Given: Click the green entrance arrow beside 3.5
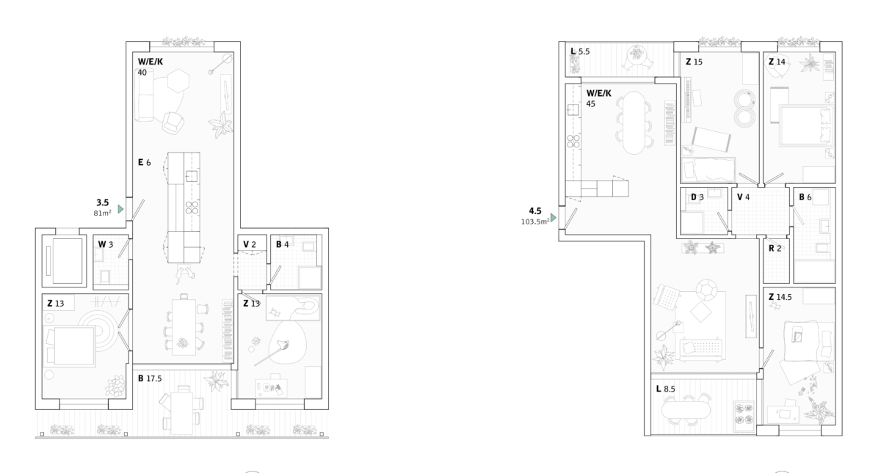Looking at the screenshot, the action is click(x=120, y=209).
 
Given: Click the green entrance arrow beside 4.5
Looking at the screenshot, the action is click(x=554, y=217).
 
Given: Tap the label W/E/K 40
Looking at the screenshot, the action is click(x=150, y=67).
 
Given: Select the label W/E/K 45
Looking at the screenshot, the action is click(x=598, y=98).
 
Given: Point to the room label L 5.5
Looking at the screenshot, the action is click(x=580, y=51).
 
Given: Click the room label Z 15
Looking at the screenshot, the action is click(x=695, y=62).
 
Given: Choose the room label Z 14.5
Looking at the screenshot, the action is click(x=780, y=297).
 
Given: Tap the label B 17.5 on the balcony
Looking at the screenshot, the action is click(x=150, y=378).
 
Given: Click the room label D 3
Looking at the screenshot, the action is click(x=697, y=197).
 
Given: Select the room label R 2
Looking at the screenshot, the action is click(x=775, y=249).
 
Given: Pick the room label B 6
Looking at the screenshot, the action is click(x=805, y=197).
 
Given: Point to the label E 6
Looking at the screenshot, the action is click(x=145, y=162).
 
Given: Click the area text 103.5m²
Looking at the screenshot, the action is click(x=535, y=221).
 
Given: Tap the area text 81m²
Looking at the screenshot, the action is click(x=102, y=213).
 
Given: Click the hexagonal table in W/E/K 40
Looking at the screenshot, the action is click(x=178, y=81).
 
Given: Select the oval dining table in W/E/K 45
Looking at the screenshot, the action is click(x=634, y=122).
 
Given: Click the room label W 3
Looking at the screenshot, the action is click(x=106, y=244).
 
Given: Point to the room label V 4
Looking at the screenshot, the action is click(x=743, y=197).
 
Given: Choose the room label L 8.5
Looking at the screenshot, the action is click(x=665, y=389).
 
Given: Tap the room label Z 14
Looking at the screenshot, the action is click(x=777, y=62).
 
